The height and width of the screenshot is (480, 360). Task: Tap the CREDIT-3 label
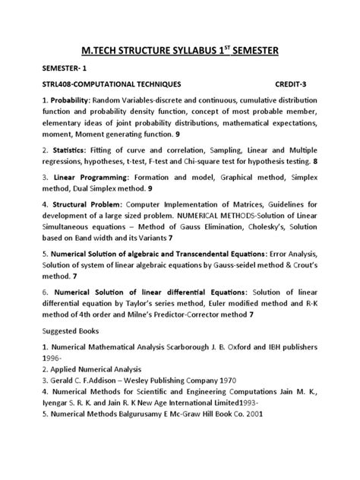[293, 86]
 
